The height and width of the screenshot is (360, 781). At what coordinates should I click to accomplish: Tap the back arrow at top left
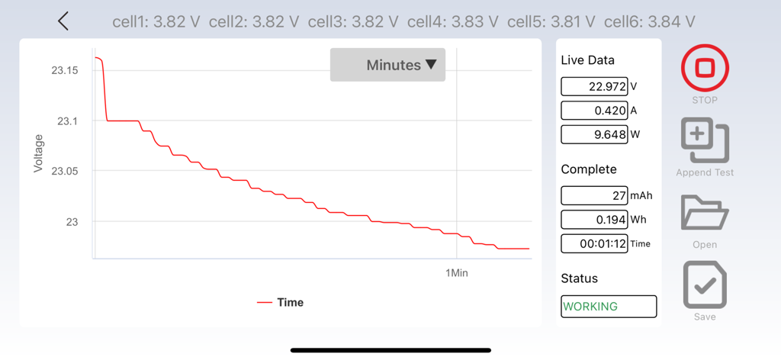pyautogui.click(x=63, y=21)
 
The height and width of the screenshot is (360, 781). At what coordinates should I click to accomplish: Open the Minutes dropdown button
pyautogui.click(x=387, y=65)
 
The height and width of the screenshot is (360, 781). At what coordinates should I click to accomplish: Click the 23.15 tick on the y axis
pyautogui.click(x=65, y=70)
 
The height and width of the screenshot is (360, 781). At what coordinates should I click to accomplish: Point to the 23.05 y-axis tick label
pyautogui.click(x=65, y=171)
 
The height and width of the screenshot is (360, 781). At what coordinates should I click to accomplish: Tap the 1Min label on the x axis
pyautogui.click(x=457, y=272)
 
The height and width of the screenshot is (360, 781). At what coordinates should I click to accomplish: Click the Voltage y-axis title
pyautogui.click(x=38, y=153)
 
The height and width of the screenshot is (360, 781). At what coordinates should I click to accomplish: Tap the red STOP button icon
pyautogui.click(x=705, y=68)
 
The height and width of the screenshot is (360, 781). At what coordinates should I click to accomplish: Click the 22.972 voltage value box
pyautogui.click(x=594, y=87)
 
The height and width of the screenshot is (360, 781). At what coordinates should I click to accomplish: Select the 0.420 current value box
pyautogui.click(x=594, y=111)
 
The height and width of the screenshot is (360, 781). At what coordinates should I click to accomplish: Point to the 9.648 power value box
pyautogui.click(x=594, y=134)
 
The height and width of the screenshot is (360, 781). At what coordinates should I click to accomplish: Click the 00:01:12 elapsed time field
pyautogui.click(x=594, y=243)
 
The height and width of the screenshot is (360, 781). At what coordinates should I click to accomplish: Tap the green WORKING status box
pyautogui.click(x=609, y=306)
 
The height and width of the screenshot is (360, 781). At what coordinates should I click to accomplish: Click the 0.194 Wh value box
pyautogui.click(x=594, y=220)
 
